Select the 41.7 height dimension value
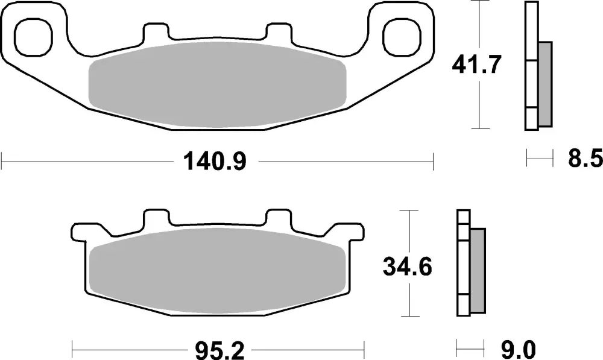(x=477, y=65)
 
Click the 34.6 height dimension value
(x=408, y=266)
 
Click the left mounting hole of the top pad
(x=33, y=36)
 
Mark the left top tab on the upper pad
(x=156, y=31)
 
